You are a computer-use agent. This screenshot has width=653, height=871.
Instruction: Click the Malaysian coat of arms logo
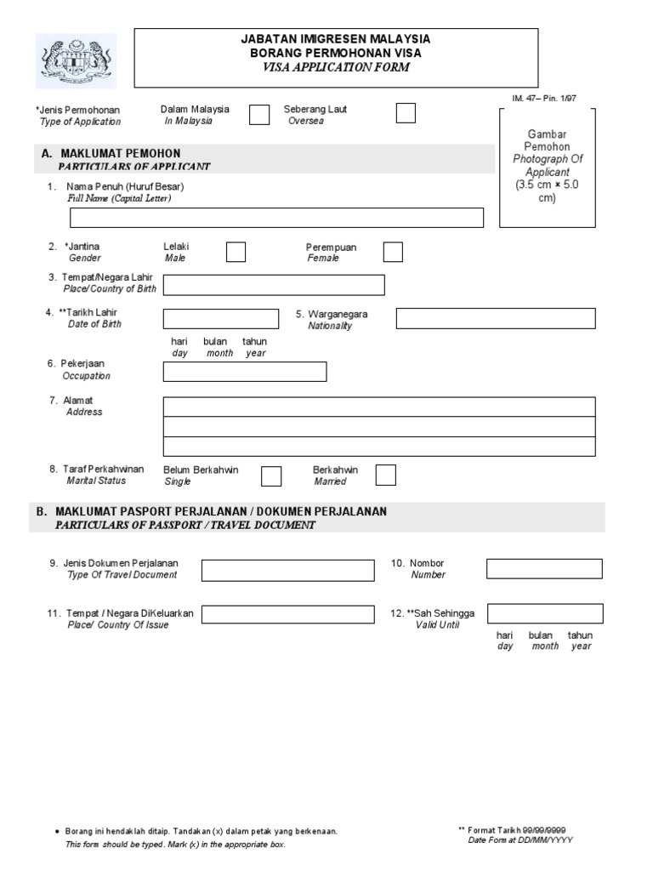click(77, 61)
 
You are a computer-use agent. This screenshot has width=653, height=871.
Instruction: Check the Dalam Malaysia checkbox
click(259, 115)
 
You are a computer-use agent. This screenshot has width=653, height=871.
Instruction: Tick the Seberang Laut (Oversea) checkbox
click(406, 113)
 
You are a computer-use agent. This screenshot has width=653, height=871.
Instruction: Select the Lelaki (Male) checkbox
click(236, 252)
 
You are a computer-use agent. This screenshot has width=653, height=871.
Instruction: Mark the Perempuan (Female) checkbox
click(393, 252)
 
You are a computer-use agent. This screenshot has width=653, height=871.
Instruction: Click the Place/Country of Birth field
click(274, 285)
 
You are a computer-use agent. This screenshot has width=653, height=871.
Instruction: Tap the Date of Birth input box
click(220, 319)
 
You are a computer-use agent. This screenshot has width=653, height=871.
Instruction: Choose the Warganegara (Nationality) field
click(496, 319)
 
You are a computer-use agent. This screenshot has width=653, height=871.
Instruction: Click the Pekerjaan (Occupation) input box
click(244, 372)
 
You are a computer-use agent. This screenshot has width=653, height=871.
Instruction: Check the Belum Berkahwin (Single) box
click(271, 475)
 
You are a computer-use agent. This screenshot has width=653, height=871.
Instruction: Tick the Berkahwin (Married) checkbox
click(385, 475)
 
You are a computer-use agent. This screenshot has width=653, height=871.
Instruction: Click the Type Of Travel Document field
click(287, 569)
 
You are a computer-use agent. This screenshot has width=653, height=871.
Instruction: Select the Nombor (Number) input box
click(544, 568)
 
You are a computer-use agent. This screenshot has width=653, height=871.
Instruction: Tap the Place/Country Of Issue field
click(287, 614)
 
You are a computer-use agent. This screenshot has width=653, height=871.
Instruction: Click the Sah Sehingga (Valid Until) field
click(544, 614)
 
